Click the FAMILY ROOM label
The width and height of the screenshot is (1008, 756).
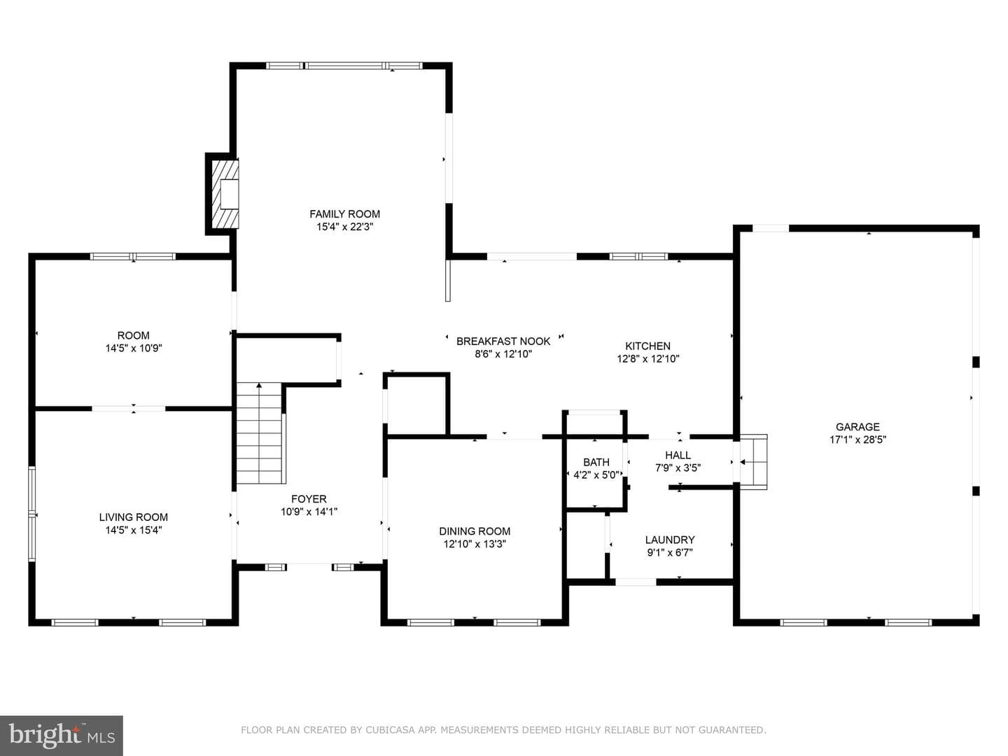(x=344, y=214)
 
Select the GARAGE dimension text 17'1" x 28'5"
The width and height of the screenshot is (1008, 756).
(x=857, y=440)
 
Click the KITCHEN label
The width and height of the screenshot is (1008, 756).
(x=647, y=346)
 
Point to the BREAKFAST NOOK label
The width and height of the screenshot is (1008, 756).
(x=503, y=341)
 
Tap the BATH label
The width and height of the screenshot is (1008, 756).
(x=596, y=462)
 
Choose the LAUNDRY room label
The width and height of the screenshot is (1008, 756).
(x=670, y=539)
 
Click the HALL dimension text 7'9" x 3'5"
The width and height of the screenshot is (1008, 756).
(x=678, y=468)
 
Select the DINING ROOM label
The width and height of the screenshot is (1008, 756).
(x=475, y=531)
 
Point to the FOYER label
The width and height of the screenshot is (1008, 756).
(x=309, y=498)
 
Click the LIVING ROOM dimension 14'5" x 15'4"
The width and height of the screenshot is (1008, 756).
(x=134, y=530)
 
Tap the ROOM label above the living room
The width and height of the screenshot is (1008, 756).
(x=133, y=335)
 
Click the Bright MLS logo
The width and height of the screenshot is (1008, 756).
(x=62, y=735)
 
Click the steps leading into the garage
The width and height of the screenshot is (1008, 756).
(x=753, y=462)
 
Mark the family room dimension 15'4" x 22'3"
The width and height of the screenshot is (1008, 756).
(x=344, y=227)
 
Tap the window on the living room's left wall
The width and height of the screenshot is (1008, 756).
(x=31, y=514)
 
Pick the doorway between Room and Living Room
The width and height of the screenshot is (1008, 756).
(x=129, y=409)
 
